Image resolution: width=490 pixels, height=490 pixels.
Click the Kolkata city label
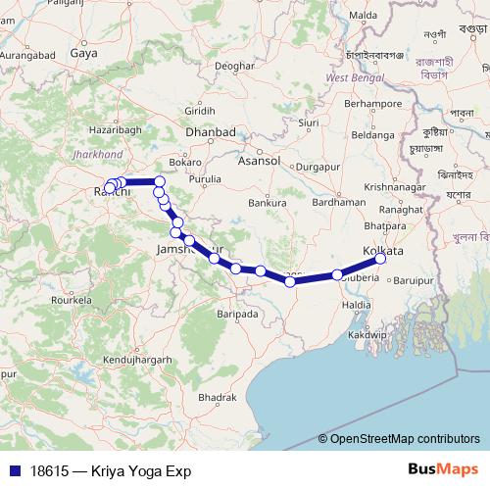click(383, 251)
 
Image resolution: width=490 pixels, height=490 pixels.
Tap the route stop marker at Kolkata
click(380, 259)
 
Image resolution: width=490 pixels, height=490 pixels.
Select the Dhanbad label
click(211, 131)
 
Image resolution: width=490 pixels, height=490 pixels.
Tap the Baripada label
click(236, 315)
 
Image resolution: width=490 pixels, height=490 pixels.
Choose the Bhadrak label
click(216, 397)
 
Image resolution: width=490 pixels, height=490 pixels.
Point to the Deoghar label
click(234, 65)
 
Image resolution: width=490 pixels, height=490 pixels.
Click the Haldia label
click(356, 305)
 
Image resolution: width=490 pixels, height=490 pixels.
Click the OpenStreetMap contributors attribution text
click(405, 440)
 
